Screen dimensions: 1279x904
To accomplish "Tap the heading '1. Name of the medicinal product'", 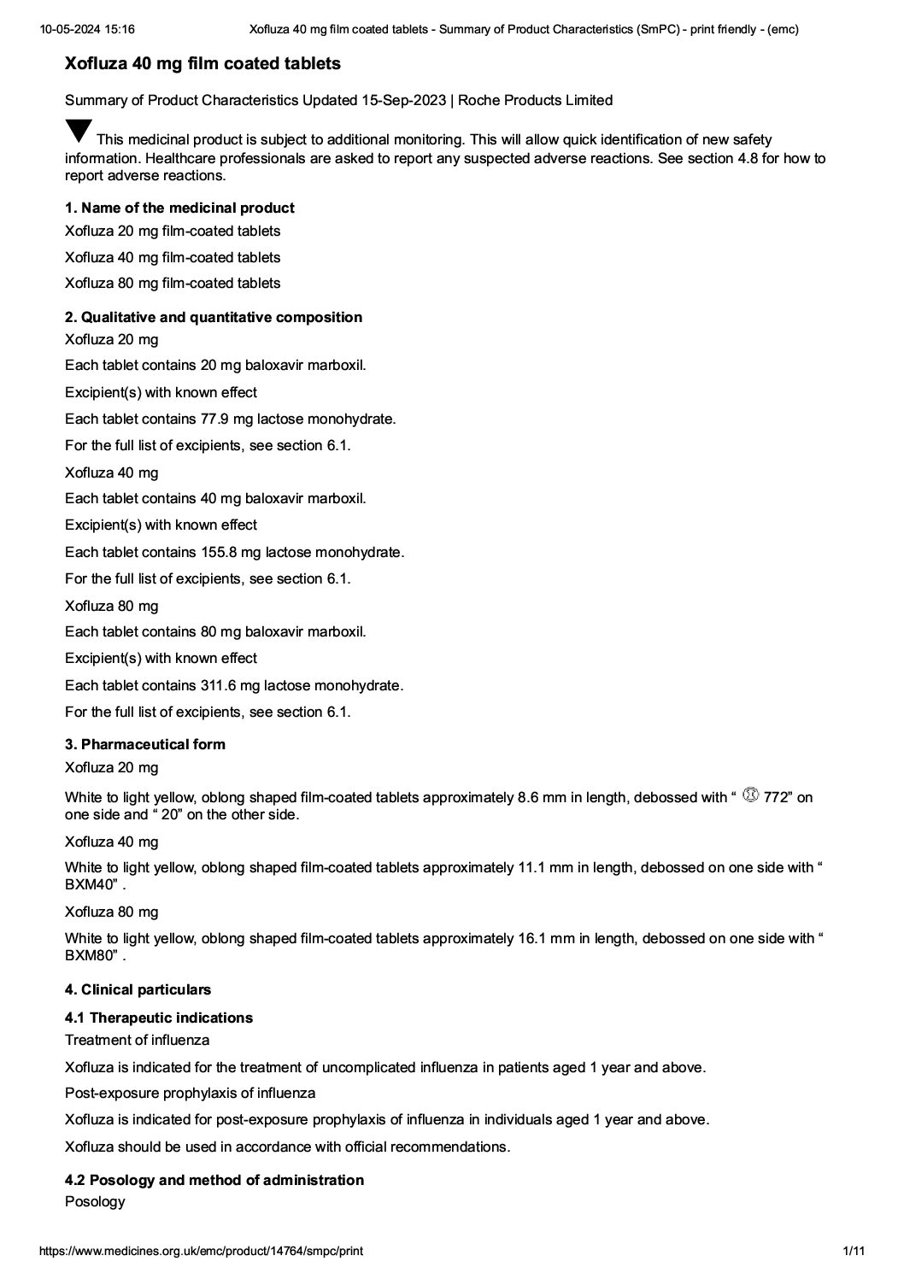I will coord(179,208).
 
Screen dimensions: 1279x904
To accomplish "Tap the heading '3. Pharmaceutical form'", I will coord(145,744).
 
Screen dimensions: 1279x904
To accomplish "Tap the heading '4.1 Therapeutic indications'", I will coord(159,1018).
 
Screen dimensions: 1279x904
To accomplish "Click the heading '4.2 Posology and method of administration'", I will coord(214,1180).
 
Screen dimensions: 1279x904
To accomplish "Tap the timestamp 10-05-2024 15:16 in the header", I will coord(86,29).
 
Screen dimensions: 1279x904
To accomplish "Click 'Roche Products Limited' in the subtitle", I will coord(536,101).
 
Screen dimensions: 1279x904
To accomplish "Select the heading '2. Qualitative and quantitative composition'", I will coord(214,317).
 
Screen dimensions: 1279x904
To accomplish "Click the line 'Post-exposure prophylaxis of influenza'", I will coord(190,1093).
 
